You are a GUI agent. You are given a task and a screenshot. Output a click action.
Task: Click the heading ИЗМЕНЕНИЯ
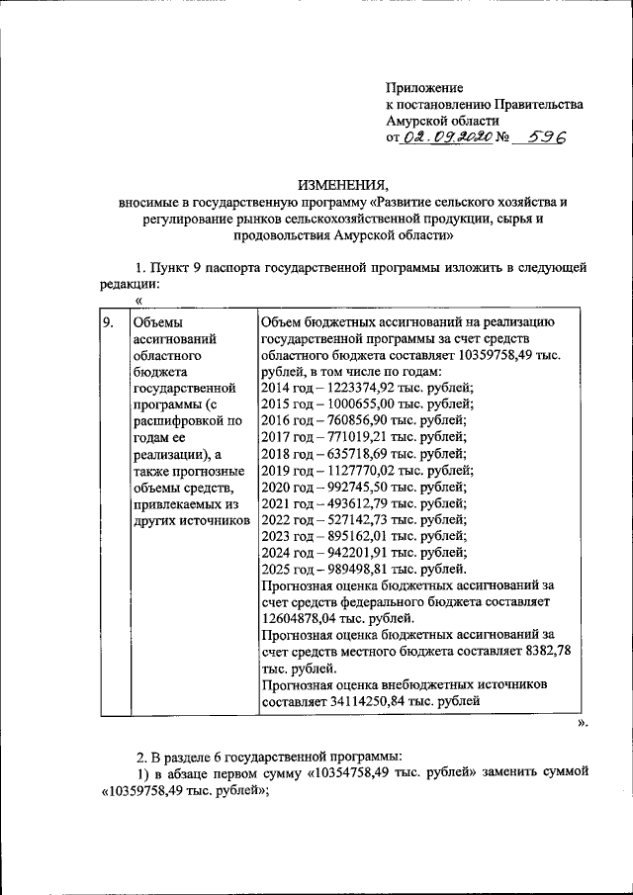(343, 185)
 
